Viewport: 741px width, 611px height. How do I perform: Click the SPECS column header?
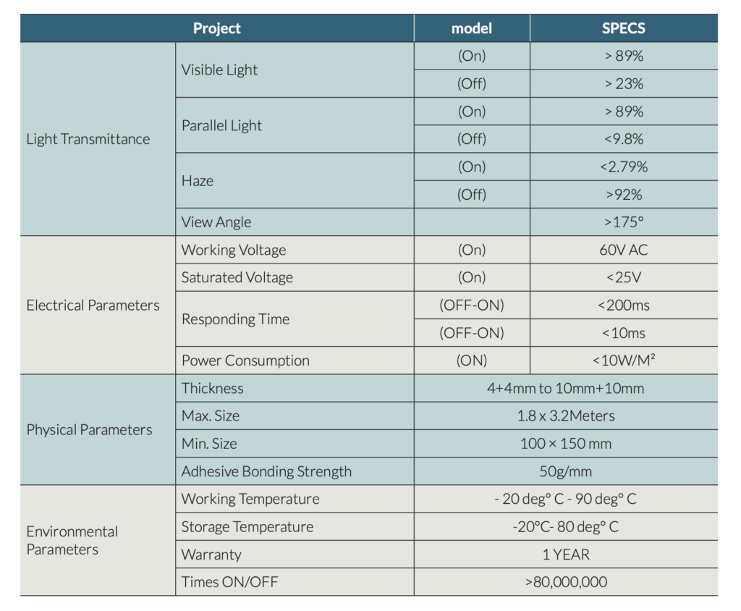click(623, 29)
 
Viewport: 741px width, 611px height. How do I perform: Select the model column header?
click(471, 29)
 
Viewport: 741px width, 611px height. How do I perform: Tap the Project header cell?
click(216, 29)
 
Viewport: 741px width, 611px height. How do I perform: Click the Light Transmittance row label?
click(88, 139)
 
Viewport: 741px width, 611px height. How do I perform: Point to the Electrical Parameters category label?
click(93, 305)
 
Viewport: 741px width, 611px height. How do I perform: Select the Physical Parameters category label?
click(89, 430)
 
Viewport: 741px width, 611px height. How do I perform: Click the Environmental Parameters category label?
click(72, 540)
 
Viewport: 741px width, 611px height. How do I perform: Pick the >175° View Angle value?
click(623, 222)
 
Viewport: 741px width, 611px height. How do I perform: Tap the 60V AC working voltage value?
click(623, 250)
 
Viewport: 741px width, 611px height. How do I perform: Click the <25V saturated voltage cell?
click(623, 277)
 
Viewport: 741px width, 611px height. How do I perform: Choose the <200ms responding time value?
click(623, 305)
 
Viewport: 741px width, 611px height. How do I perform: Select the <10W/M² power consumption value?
click(623, 361)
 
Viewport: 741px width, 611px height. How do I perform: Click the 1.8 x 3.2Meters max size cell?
click(565, 416)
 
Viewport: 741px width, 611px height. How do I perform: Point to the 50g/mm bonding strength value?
click(565, 471)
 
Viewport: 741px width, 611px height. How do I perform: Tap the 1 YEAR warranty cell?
click(565, 555)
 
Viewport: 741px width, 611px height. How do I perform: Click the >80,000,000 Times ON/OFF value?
click(565, 582)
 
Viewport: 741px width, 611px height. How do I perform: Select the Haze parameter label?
click(198, 181)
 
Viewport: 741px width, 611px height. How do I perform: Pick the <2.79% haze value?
click(623, 167)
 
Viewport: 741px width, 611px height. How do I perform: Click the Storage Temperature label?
click(247, 527)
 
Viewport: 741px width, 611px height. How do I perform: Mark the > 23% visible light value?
click(623, 84)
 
